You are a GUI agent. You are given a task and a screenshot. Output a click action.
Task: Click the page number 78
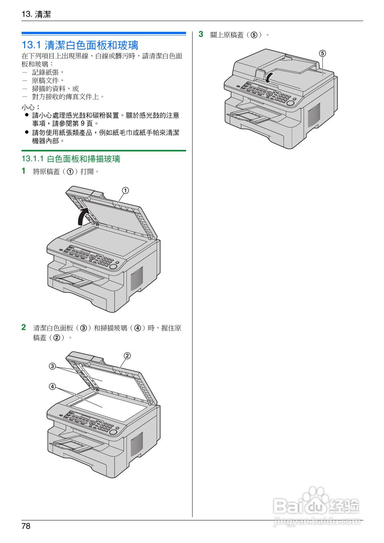point(26,526)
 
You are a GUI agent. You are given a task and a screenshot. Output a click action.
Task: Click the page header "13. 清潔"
point(36,14)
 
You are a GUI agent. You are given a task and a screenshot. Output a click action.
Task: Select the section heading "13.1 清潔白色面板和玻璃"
point(80,45)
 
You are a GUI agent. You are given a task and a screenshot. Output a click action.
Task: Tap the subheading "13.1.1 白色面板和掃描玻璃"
point(71,159)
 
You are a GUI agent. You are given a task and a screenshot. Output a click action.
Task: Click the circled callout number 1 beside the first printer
point(125,190)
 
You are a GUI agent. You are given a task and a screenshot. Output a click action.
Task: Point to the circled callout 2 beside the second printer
point(127,355)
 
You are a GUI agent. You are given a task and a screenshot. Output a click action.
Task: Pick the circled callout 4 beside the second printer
point(52,386)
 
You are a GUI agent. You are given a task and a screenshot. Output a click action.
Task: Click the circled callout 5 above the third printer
point(323,53)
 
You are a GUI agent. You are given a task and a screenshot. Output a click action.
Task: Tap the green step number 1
point(24,171)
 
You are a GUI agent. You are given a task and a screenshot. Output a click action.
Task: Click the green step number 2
point(24,327)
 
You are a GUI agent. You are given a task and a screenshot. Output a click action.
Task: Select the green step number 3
point(201,34)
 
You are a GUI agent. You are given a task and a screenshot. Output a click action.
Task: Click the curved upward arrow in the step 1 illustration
point(82,216)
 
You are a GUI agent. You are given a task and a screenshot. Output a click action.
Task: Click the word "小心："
point(31,107)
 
